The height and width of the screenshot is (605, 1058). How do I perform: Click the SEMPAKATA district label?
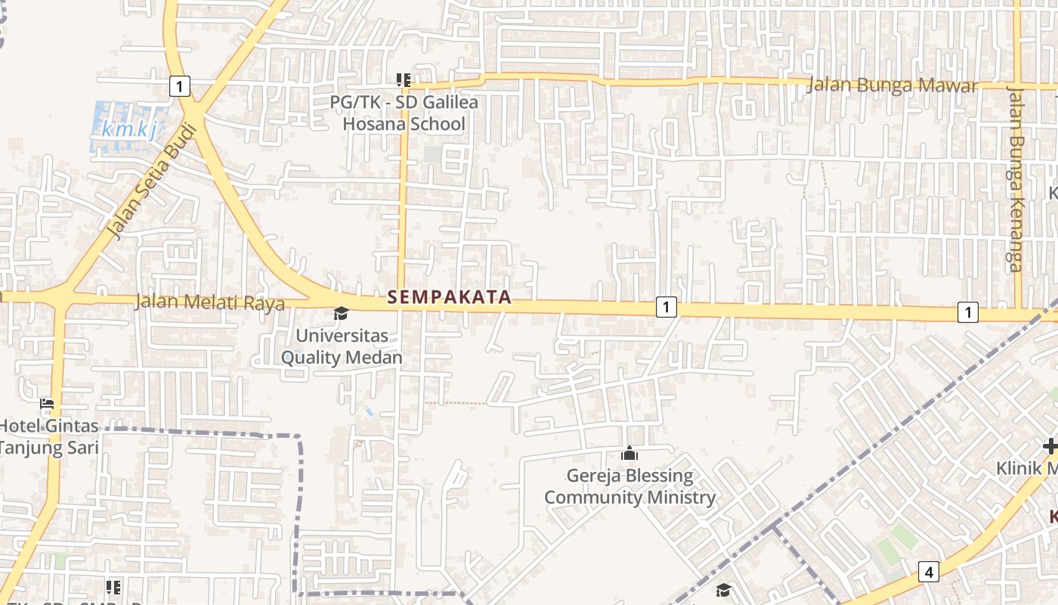[x=450, y=297]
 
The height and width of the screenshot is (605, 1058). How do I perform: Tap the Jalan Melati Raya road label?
[x=209, y=302]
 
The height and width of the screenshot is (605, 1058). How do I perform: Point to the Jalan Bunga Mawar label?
[x=892, y=85]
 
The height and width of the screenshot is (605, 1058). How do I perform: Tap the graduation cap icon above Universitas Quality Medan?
[x=342, y=313]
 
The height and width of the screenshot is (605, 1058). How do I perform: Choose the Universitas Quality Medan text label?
[x=342, y=346]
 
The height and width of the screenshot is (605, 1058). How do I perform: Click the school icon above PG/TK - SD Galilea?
[x=404, y=79]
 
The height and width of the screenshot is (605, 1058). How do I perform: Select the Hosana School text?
[x=404, y=123]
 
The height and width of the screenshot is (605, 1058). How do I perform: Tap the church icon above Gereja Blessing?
[x=629, y=454]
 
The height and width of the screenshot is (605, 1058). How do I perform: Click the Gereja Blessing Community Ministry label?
[x=630, y=487]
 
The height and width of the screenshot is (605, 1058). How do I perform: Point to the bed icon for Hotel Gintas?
[x=47, y=404]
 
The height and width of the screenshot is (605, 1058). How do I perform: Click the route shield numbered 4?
[x=929, y=572]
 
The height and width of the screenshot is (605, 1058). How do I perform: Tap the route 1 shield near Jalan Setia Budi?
[x=179, y=86]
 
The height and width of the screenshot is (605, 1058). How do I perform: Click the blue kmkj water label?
[x=129, y=129]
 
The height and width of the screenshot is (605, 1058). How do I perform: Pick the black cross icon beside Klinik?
[x=1049, y=446]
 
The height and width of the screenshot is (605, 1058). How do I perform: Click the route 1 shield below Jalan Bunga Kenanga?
[x=967, y=312]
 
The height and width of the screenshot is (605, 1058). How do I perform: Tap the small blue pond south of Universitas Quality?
[x=369, y=412]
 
